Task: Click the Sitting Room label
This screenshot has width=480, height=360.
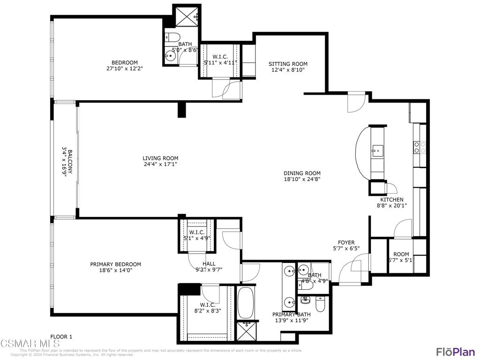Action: (288, 64)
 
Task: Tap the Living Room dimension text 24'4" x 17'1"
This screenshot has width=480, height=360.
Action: (161, 164)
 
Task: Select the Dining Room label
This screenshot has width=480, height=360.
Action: (302, 172)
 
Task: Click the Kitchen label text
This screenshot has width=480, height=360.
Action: (391, 199)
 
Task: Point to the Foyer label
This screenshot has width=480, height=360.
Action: (346, 242)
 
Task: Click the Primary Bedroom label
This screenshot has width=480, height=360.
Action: (115, 264)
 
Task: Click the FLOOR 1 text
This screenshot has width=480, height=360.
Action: (61, 337)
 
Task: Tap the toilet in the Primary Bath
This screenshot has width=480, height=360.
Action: (320, 305)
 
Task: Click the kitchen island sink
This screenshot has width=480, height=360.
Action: (376, 150)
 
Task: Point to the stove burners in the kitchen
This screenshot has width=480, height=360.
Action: (419, 148)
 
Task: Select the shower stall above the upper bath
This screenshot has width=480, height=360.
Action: (187, 16)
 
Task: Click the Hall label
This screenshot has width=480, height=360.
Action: (209, 263)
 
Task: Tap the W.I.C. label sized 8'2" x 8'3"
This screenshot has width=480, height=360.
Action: (207, 305)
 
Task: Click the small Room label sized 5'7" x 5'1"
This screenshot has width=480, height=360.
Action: (401, 254)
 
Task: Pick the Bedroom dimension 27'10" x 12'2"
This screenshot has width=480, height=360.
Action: (124, 68)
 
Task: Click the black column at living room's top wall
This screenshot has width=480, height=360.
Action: (182, 109)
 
